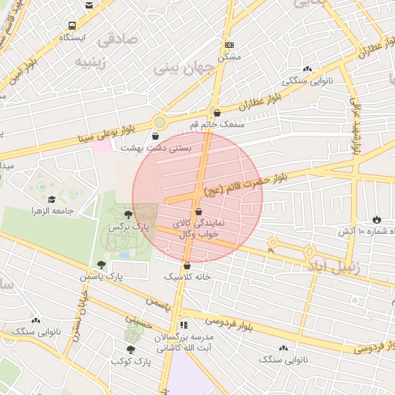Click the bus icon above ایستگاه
(x=72, y=25)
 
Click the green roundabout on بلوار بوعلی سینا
(x=160, y=121)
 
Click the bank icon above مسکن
(x=229, y=46)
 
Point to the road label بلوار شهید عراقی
(x=357, y=127)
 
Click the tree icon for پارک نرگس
(x=127, y=215)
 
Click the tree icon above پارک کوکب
(x=129, y=349)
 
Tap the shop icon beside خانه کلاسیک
(x=187, y=266)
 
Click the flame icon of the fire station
(x=376, y=220)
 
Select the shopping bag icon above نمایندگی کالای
(x=199, y=211)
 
